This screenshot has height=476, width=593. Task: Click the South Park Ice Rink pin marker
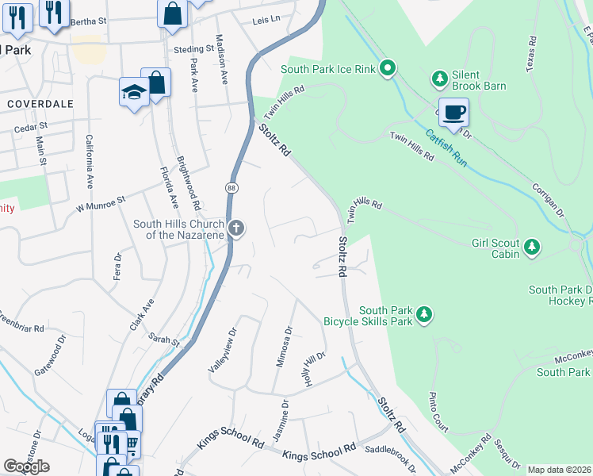(388, 69)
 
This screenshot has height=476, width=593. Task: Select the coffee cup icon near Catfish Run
(453, 113)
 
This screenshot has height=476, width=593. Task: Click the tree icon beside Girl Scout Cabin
(532, 248)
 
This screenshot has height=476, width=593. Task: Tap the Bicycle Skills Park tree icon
(425, 316)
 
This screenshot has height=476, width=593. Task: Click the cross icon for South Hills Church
(235, 229)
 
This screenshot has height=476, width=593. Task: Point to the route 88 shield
(231, 188)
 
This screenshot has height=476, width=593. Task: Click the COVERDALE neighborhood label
(40, 104)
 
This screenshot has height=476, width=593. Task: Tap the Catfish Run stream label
(445, 148)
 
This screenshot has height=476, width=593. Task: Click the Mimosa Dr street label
(284, 347)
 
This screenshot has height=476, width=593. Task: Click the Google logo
(26, 466)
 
